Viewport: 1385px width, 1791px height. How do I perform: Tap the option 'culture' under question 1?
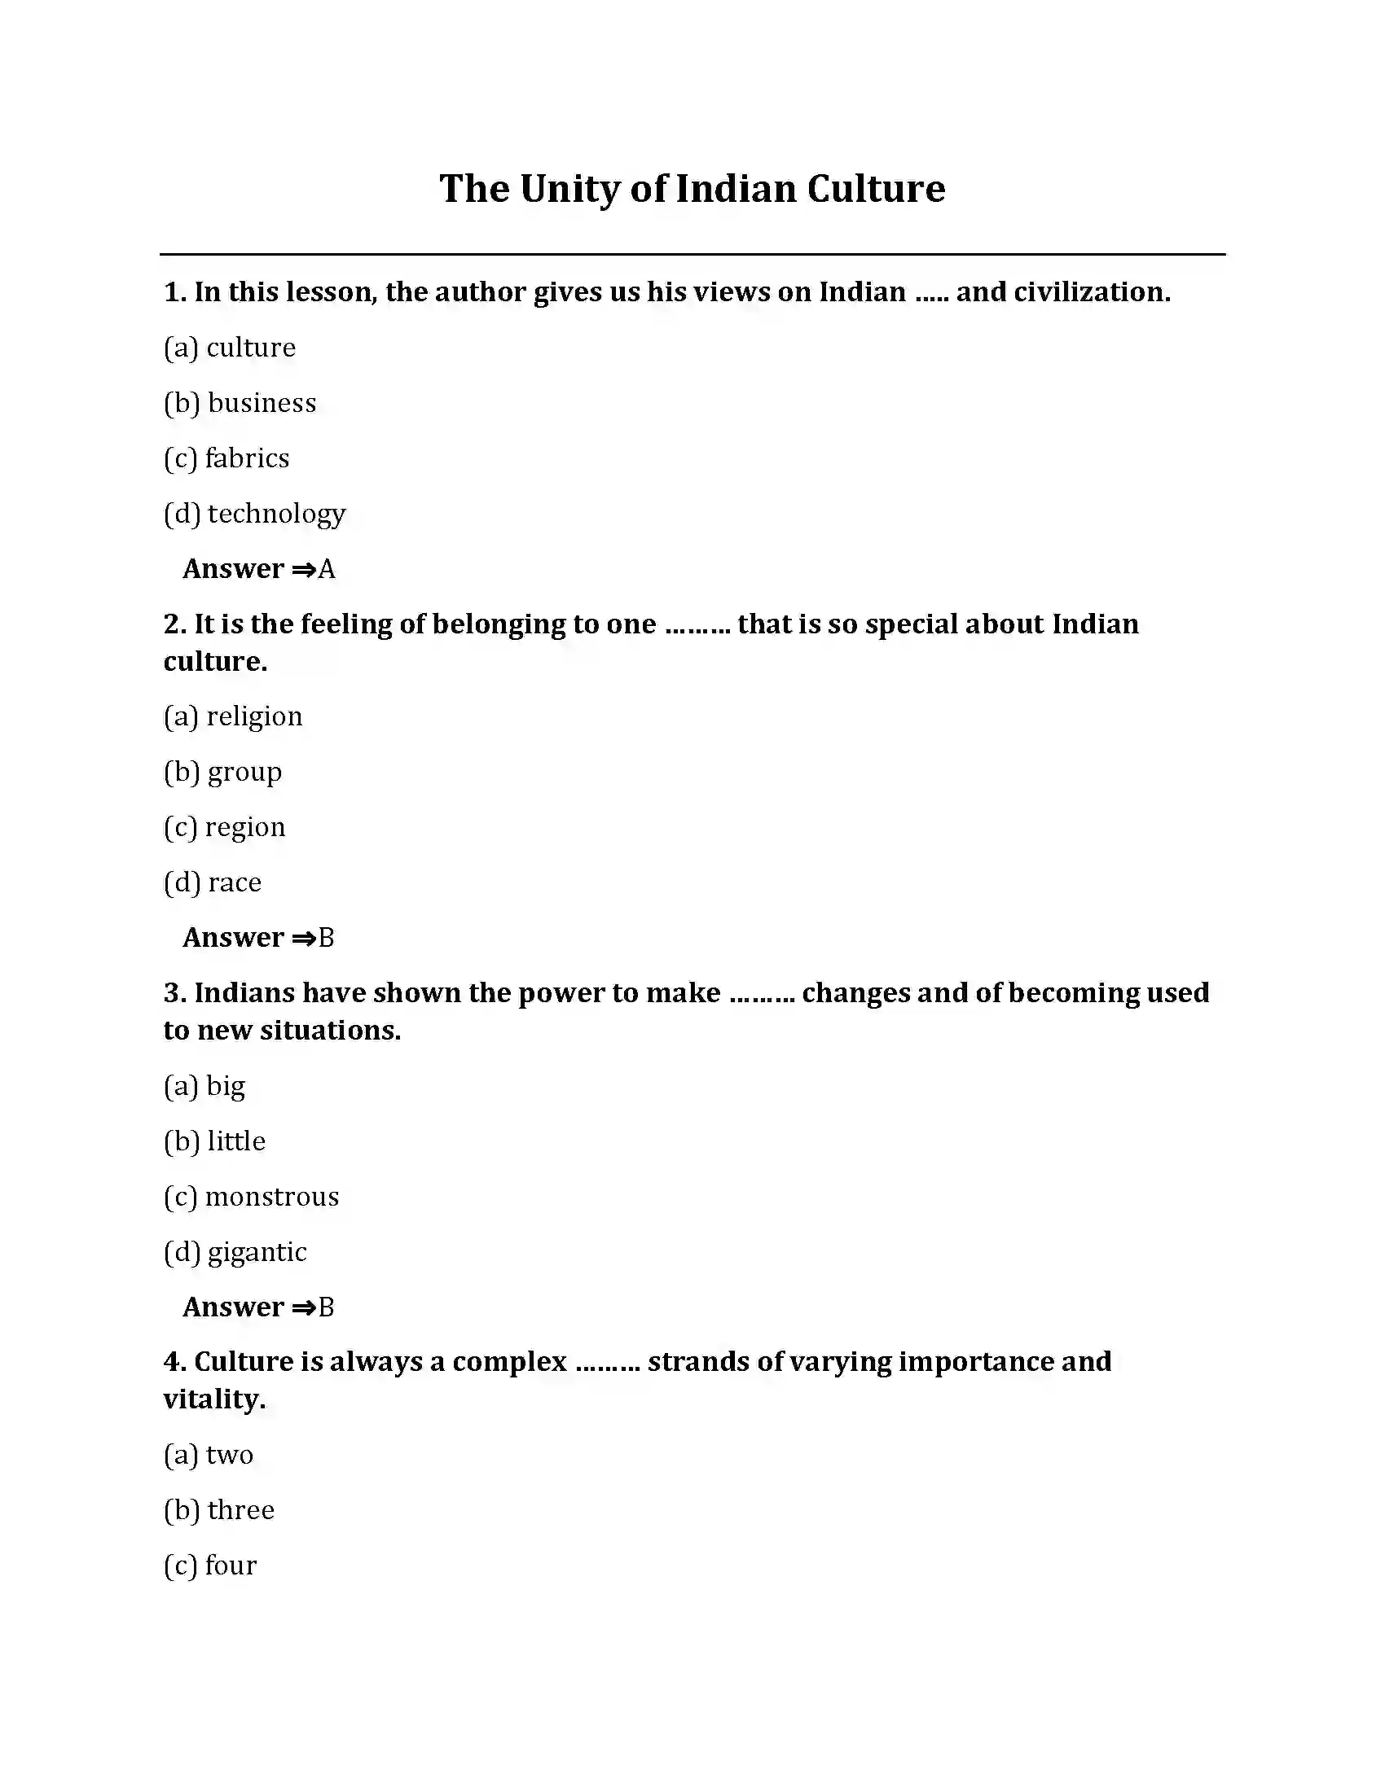pyautogui.click(x=250, y=348)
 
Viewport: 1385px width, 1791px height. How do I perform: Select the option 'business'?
pyautogui.click(x=262, y=403)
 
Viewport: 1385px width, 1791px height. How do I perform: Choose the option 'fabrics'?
pyautogui.click(x=247, y=458)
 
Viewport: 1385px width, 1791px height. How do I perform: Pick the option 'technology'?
pyautogui.click(x=276, y=515)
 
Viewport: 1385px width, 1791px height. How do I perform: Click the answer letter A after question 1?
pyautogui.click(x=327, y=569)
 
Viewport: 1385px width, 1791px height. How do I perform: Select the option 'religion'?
pyautogui.click(x=254, y=716)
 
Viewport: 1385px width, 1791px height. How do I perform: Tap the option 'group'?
pyautogui.click(x=244, y=773)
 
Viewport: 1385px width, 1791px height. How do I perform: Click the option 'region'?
pyautogui.click(x=245, y=827)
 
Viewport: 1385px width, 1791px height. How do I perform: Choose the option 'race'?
pyautogui.click(x=235, y=882)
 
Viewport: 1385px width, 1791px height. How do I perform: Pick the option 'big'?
pyautogui.click(x=226, y=1087)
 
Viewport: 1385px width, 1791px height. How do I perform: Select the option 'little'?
pyautogui.click(x=236, y=1141)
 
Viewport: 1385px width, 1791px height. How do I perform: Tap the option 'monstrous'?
pyautogui.click(x=271, y=1198)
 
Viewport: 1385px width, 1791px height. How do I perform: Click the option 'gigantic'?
pyautogui.click(x=257, y=1253)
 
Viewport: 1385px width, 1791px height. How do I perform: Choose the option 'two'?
pyautogui.click(x=230, y=1456)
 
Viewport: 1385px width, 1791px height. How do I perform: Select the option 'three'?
pyautogui.click(x=241, y=1510)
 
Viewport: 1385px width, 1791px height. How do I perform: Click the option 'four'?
pyautogui.click(x=231, y=1565)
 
